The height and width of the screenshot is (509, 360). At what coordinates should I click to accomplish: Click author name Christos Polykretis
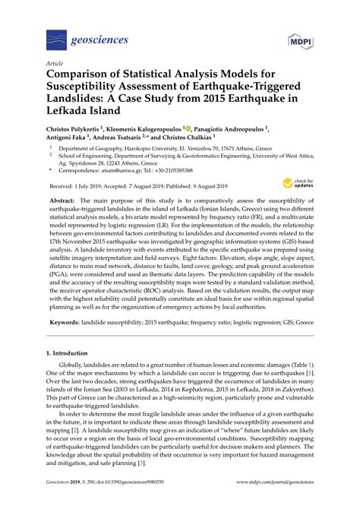coord(81,131)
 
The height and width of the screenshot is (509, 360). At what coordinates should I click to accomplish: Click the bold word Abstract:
coord(68,201)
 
